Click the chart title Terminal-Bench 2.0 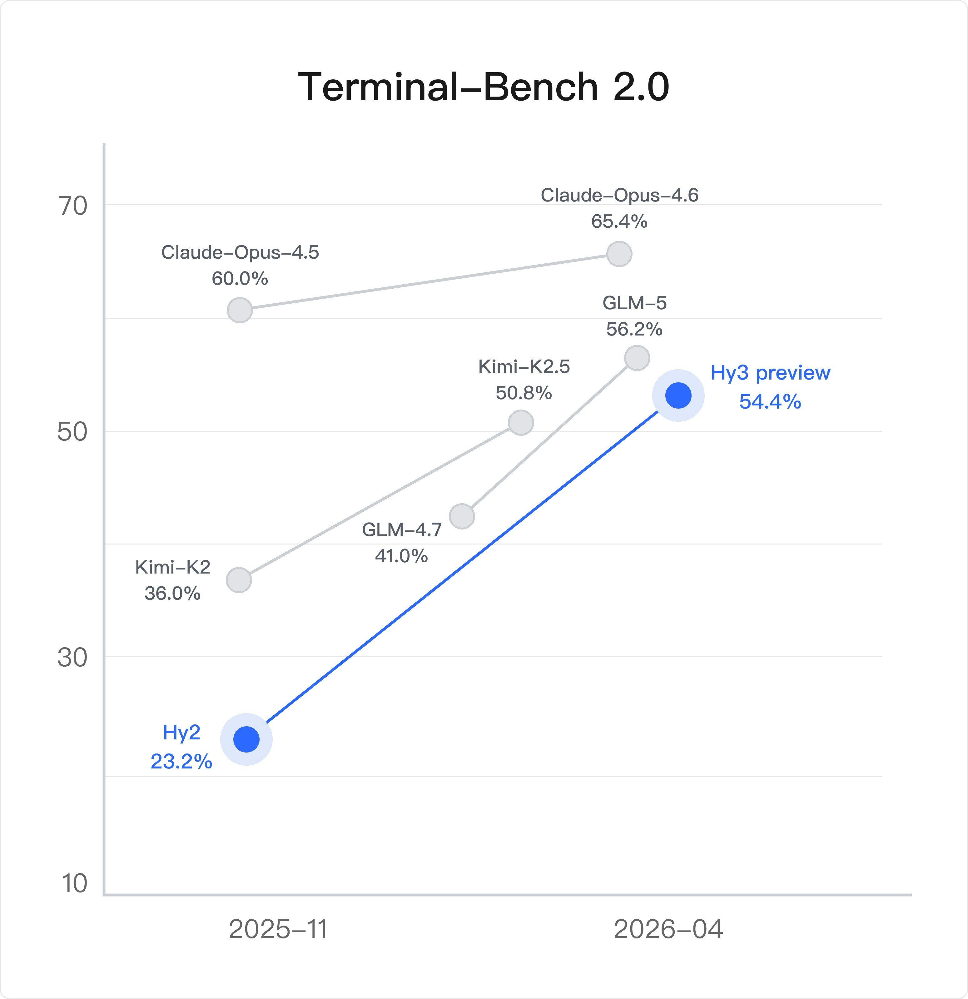click(x=483, y=87)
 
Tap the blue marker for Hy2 click(x=246, y=739)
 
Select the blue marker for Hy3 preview click(x=678, y=395)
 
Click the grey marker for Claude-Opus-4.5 click(x=240, y=310)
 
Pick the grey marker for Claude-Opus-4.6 click(x=619, y=254)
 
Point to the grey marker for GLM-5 click(x=637, y=358)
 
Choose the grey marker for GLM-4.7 click(x=462, y=516)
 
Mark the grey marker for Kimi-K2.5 click(x=520, y=423)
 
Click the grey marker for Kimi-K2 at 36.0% click(x=239, y=580)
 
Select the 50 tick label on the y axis click(x=72, y=432)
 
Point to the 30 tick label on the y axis click(x=72, y=658)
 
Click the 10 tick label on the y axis click(x=74, y=883)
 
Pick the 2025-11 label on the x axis click(x=278, y=929)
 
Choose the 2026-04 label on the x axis click(x=668, y=929)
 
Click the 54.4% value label click(x=770, y=402)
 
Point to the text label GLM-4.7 click(x=402, y=529)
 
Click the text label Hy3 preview click(x=770, y=373)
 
